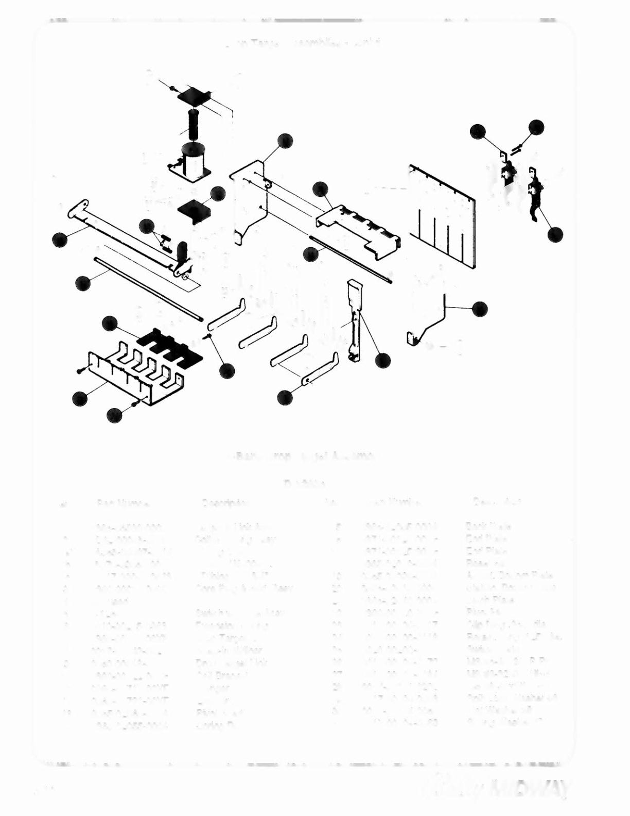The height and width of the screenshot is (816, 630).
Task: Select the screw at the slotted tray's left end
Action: click(80, 370)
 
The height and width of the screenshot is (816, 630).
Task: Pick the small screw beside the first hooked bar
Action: click(208, 336)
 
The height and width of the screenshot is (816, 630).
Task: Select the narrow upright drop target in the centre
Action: click(354, 319)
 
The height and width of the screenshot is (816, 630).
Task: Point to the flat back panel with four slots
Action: click(443, 216)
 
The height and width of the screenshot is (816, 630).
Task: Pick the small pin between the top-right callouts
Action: click(517, 149)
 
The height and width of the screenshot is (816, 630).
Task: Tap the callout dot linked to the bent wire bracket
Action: click(480, 309)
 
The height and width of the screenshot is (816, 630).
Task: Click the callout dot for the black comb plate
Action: click(110, 324)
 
